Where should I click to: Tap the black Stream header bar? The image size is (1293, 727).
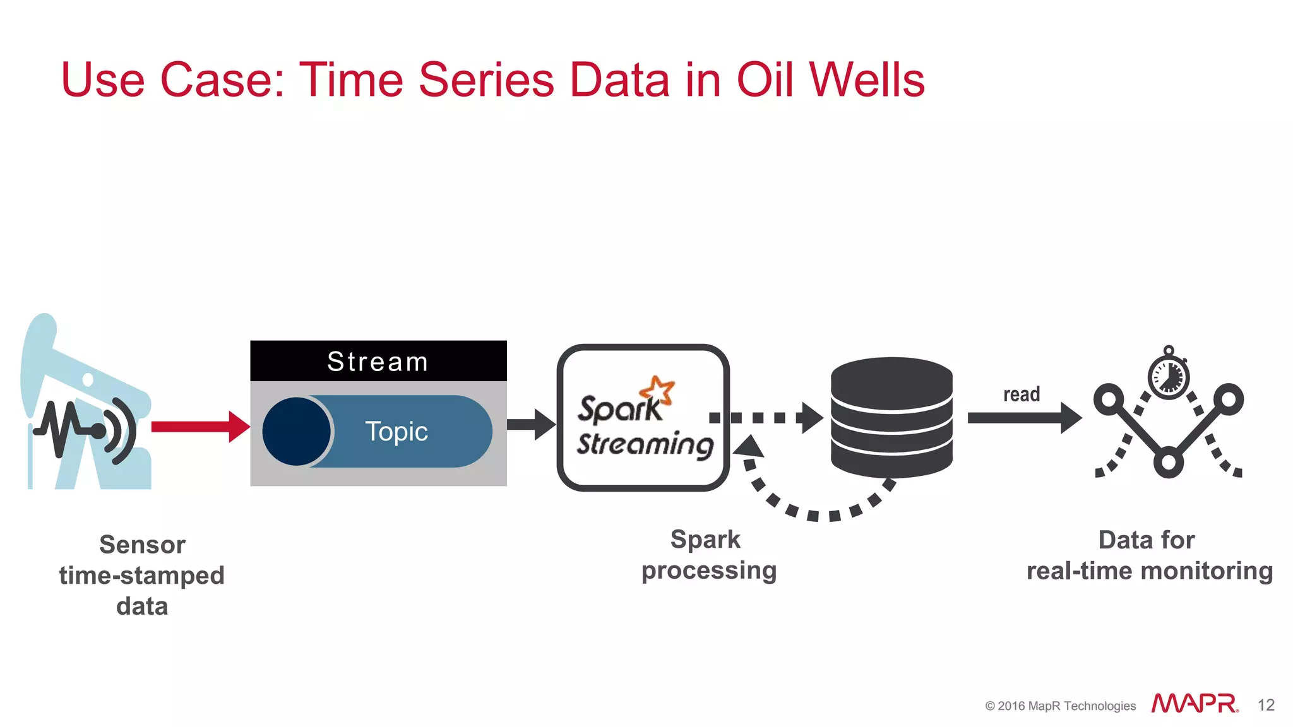(378, 361)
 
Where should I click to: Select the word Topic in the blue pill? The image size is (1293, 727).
(396, 432)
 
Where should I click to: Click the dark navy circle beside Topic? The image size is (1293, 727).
(296, 432)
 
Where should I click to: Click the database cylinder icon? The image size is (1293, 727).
(891, 417)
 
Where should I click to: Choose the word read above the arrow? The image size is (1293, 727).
(1022, 394)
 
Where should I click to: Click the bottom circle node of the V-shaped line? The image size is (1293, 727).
(1169, 463)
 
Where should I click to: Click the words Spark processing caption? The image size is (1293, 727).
(708, 555)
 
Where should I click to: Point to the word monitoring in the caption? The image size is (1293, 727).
(1207, 571)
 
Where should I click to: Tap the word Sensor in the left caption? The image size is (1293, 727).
(142, 545)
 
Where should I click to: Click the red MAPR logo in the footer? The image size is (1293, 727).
(1194, 704)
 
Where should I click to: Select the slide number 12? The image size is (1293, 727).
(1265, 705)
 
